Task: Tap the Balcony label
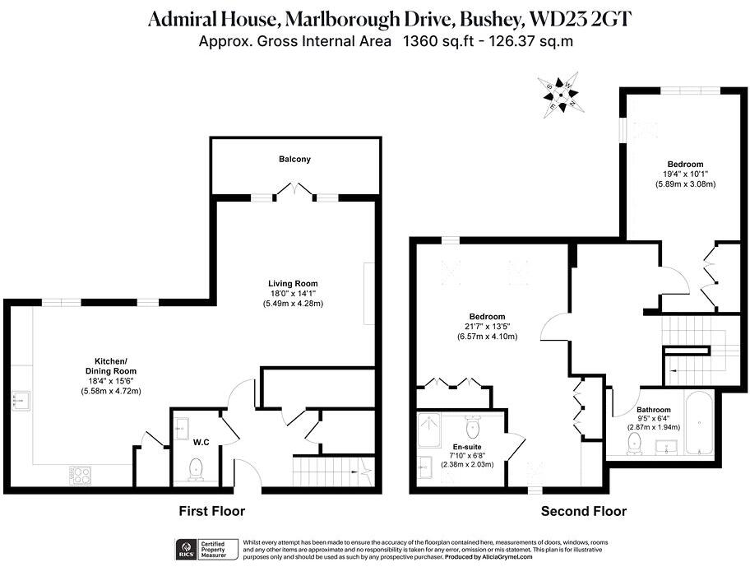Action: (x=294, y=159)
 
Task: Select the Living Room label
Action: (x=293, y=284)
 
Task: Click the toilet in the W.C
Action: (x=196, y=469)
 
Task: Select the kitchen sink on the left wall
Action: (x=21, y=401)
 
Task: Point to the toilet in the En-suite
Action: (x=472, y=428)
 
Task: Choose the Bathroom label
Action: (x=654, y=410)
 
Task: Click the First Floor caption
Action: (x=212, y=511)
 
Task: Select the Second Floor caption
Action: (x=583, y=511)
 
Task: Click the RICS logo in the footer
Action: (x=186, y=548)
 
